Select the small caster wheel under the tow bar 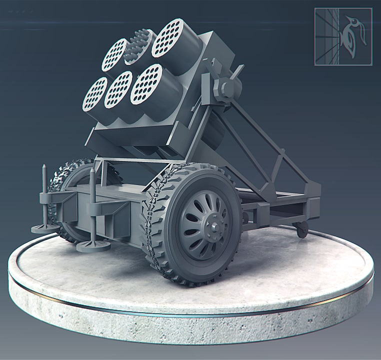tap(301, 229)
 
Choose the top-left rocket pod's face tap(114, 54)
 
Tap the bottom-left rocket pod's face tap(94, 94)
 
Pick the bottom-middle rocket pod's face tap(118, 89)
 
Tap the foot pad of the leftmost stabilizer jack tap(44, 228)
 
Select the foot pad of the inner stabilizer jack tap(93, 244)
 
